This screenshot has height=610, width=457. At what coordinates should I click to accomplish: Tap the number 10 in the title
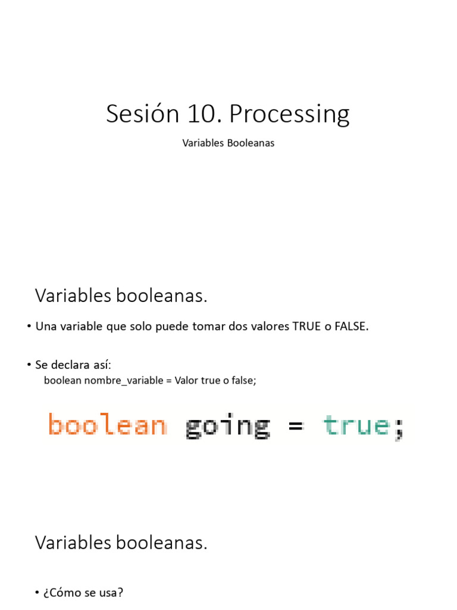click(x=204, y=114)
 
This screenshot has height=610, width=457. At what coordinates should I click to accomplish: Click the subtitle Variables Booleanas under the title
click(x=228, y=144)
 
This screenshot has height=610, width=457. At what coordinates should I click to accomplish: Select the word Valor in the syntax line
click(x=187, y=380)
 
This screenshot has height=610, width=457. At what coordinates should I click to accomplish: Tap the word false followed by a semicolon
click(x=245, y=380)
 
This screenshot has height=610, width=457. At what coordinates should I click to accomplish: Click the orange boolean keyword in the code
click(x=107, y=426)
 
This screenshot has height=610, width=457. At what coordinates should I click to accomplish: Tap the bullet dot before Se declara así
click(x=29, y=365)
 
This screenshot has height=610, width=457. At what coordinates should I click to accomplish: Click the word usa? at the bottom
click(x=111, y=593)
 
